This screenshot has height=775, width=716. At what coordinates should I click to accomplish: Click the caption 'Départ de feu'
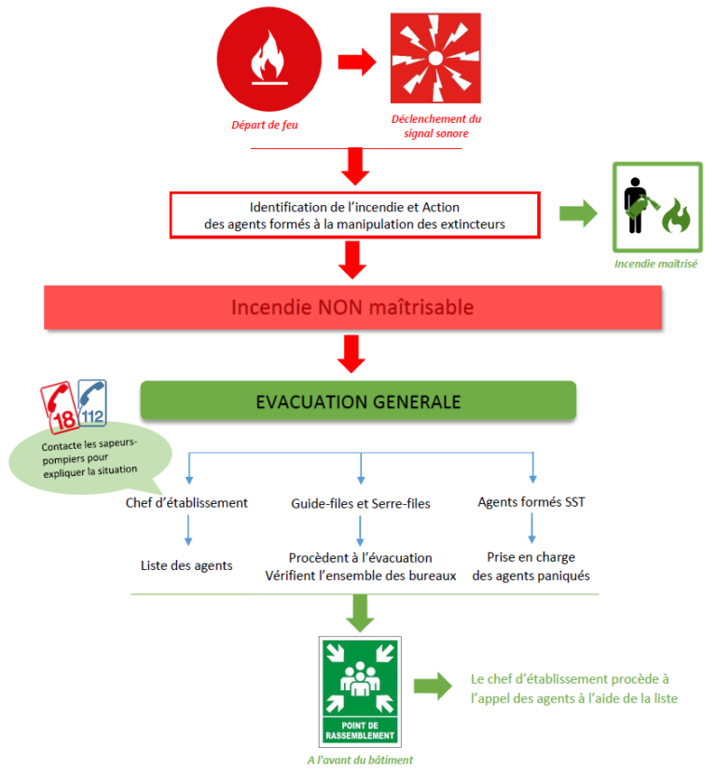[264, 125]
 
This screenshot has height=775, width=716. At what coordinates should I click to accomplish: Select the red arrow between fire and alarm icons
[354, 62]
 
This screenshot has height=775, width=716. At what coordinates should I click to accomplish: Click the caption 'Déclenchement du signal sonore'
[436, 126]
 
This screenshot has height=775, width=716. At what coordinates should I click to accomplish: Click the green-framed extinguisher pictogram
[656, 207]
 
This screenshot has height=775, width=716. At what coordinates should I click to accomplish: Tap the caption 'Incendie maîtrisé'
[656, 264]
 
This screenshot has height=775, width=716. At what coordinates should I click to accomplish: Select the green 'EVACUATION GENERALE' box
[358, 401]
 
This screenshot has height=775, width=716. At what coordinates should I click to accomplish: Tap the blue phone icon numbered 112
[92, 401]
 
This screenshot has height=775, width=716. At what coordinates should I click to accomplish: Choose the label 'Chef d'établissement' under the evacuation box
[186, 503]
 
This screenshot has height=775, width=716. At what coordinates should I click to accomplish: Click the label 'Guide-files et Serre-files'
[360, 503]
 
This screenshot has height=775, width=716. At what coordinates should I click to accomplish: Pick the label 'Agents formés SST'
[531, 503]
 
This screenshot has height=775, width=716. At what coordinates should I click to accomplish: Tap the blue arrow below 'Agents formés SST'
[532, 527]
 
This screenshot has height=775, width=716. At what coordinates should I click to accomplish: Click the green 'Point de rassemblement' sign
[360, 690]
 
